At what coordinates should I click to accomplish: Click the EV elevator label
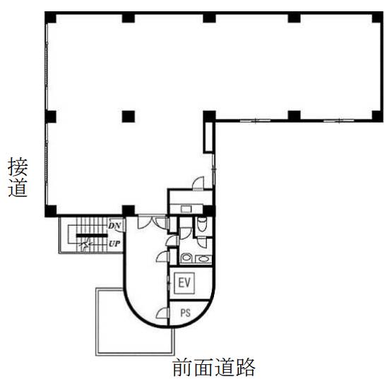coord(184,282)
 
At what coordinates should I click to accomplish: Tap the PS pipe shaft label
coord(185,313)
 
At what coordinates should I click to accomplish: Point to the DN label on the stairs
coord(114,226)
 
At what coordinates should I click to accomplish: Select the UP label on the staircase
coord(114,243)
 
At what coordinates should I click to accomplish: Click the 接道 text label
coord(18,177)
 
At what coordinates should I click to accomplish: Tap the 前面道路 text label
coord(214,367)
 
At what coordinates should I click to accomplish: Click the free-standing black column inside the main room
coord(129,116)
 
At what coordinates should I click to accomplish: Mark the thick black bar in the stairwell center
coord(92,235)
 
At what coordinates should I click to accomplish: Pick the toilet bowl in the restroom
coord(202,223)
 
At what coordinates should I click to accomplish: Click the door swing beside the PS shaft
coord(162,313)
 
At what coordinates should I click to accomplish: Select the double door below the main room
coord(152,222)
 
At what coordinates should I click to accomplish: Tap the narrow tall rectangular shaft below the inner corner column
coord(209,137)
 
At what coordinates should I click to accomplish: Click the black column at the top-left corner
coord(50,18)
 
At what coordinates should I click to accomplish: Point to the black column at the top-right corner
coord(377,17)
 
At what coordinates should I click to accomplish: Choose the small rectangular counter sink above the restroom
coord(186,209)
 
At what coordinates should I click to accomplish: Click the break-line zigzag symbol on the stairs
coord(85,243)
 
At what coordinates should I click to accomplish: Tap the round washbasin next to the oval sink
coord(186,258)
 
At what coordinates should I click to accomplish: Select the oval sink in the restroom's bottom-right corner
coord(203,259)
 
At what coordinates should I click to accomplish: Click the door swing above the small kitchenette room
coord(198,184)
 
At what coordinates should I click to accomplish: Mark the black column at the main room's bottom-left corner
coord(51,211)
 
